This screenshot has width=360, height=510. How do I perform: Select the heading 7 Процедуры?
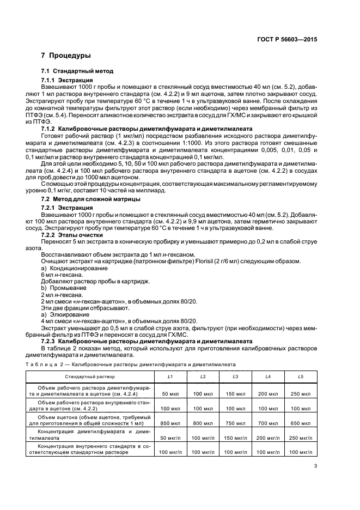point(66,56)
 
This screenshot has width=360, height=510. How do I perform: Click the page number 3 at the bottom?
point(315,465)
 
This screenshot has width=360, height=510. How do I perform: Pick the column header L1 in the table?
point(170,377)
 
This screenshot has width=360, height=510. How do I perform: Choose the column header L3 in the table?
point(235,377)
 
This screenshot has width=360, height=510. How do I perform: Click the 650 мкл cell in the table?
point(300,423)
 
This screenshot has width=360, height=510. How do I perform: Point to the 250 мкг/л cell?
point(300,438)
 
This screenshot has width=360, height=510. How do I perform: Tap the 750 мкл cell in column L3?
point(235,423)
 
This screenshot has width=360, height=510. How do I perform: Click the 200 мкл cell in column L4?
point(267,393)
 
